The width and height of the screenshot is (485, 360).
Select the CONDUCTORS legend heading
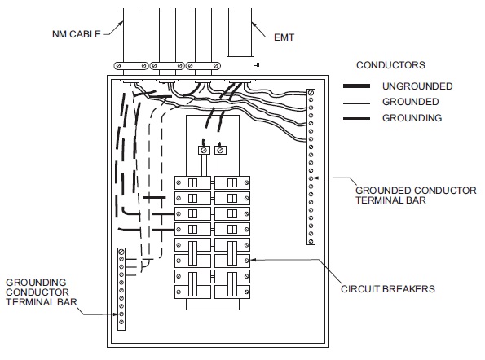[390, 64]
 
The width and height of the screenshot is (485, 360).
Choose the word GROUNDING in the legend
[411, 118]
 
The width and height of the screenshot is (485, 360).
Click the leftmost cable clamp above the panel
[130, 66]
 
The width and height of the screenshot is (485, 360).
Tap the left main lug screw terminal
[204, 151]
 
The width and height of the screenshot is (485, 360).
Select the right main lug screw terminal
[220, 151]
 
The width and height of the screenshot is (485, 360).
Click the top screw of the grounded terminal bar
[311, 94]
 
